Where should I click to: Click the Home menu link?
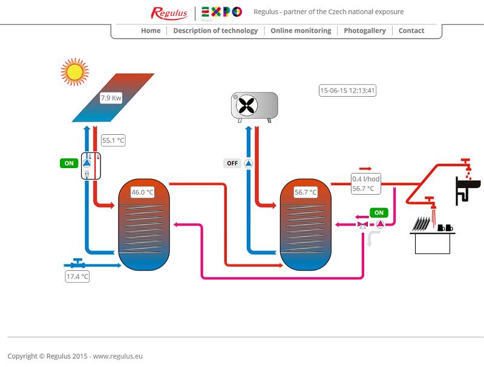click(x=151, y=31)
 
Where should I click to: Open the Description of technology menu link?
click(x=215, y=31)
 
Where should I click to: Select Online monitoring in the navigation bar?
click(x=301, y=31)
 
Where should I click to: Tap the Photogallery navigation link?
click(x=364, y=31)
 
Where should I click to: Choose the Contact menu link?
click(x=411, y=31)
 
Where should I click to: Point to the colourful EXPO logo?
click(x=221, y=12)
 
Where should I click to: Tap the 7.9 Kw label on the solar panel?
click(x=111, y=98)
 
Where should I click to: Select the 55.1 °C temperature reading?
click(x=113, y=141)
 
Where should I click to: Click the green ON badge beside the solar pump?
click(x=69, y=163)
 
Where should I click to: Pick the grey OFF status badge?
click(x=232, y=163)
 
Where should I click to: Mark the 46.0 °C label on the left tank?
click(x=143, y=193)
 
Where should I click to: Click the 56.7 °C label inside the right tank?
click(x=306, y=193)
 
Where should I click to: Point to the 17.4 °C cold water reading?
click(x=77, y=277)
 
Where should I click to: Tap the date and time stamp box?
click(x=348, y=91)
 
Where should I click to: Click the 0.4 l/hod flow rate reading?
click(x=366, y=179)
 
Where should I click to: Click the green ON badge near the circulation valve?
click(x=379, y=213)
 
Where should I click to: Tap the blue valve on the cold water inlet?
click(x=77, y=263)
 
